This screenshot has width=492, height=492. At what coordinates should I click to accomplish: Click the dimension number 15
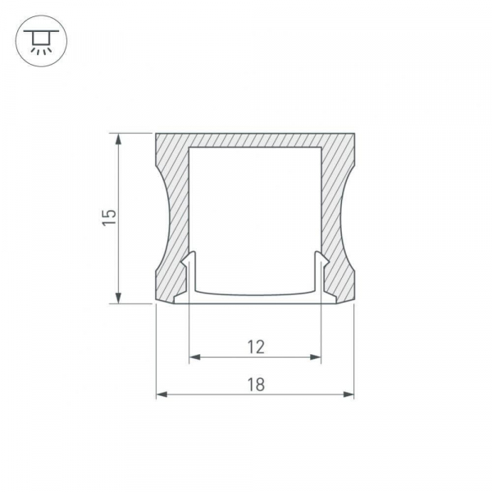[109, 216]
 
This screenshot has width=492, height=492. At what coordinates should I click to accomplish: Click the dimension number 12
[256, 348]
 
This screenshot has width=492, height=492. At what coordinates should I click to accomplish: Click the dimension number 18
[256, 385]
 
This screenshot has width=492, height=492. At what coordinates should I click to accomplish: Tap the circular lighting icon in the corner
[42, 41]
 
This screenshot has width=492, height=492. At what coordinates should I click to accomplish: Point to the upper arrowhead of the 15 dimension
[118, 139]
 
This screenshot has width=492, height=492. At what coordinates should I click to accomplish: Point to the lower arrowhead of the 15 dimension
[118, 298]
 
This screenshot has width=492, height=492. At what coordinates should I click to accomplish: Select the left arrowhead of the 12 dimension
[195, 357]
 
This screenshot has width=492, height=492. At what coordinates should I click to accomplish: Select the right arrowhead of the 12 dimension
[316, 357]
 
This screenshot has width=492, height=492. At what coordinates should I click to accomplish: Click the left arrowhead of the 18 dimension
[162, 394]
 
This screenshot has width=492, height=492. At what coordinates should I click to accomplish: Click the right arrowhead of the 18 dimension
[348, 394]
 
